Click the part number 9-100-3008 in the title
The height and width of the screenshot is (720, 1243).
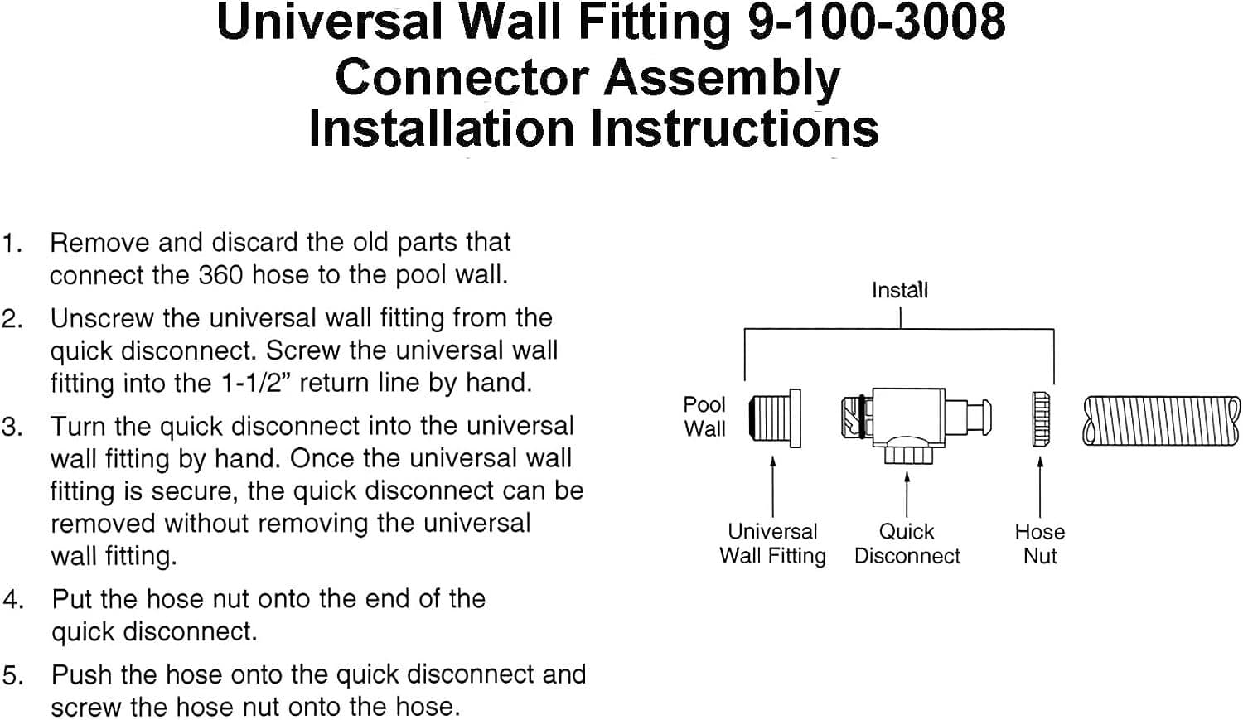876,22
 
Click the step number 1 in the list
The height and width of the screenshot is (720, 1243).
11,244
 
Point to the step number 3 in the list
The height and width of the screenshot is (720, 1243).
11,428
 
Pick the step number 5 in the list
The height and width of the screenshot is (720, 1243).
12,676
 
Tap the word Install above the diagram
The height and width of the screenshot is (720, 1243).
899,290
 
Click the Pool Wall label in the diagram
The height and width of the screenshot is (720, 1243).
704,417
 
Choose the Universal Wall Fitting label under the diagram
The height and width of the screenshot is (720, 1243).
772,544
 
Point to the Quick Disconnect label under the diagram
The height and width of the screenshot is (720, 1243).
907,544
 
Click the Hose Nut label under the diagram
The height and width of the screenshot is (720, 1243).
1039,544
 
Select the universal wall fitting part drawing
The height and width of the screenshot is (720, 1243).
775,418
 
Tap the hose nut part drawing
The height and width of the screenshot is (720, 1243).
1041,419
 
